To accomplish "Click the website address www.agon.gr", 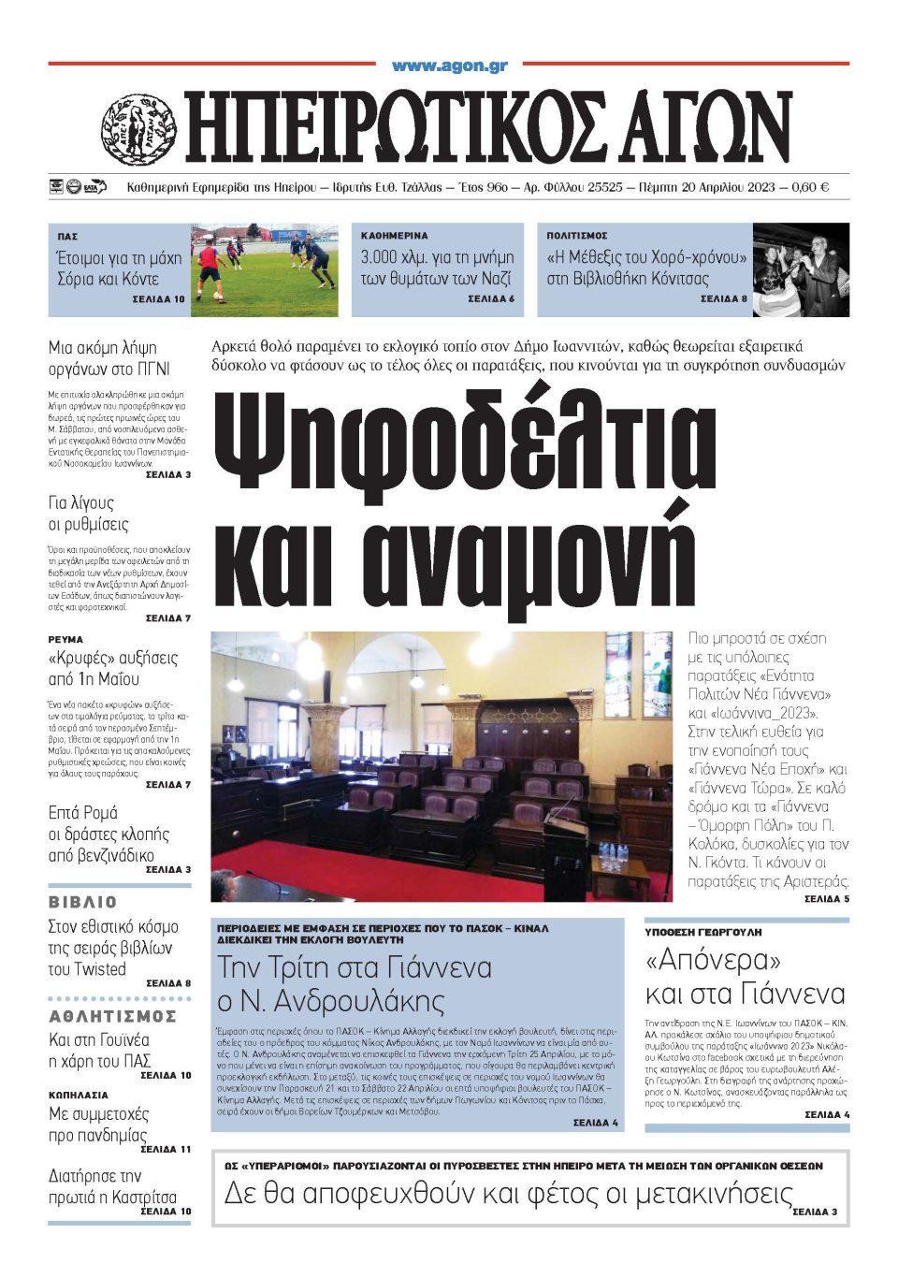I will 449,66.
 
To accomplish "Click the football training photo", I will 265,269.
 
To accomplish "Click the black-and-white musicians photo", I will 802,269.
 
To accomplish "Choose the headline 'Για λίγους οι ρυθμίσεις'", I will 89,514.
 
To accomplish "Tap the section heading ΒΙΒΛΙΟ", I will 83,903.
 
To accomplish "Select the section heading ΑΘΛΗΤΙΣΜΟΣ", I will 111,1017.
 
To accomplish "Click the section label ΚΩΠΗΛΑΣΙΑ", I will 79,1094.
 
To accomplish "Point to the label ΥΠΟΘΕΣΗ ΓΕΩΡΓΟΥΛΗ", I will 703,933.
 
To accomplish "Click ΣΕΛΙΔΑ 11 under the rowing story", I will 166,1149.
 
